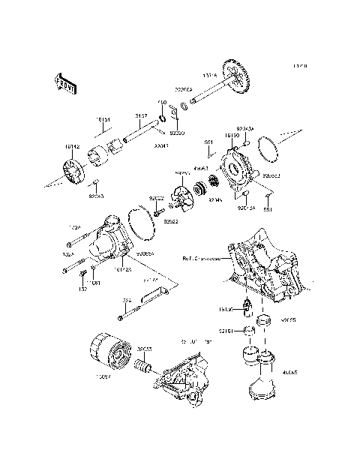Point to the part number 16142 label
[72, 148]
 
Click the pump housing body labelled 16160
[239, 174]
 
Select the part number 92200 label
[176, 132]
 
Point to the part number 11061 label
[96, 283]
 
